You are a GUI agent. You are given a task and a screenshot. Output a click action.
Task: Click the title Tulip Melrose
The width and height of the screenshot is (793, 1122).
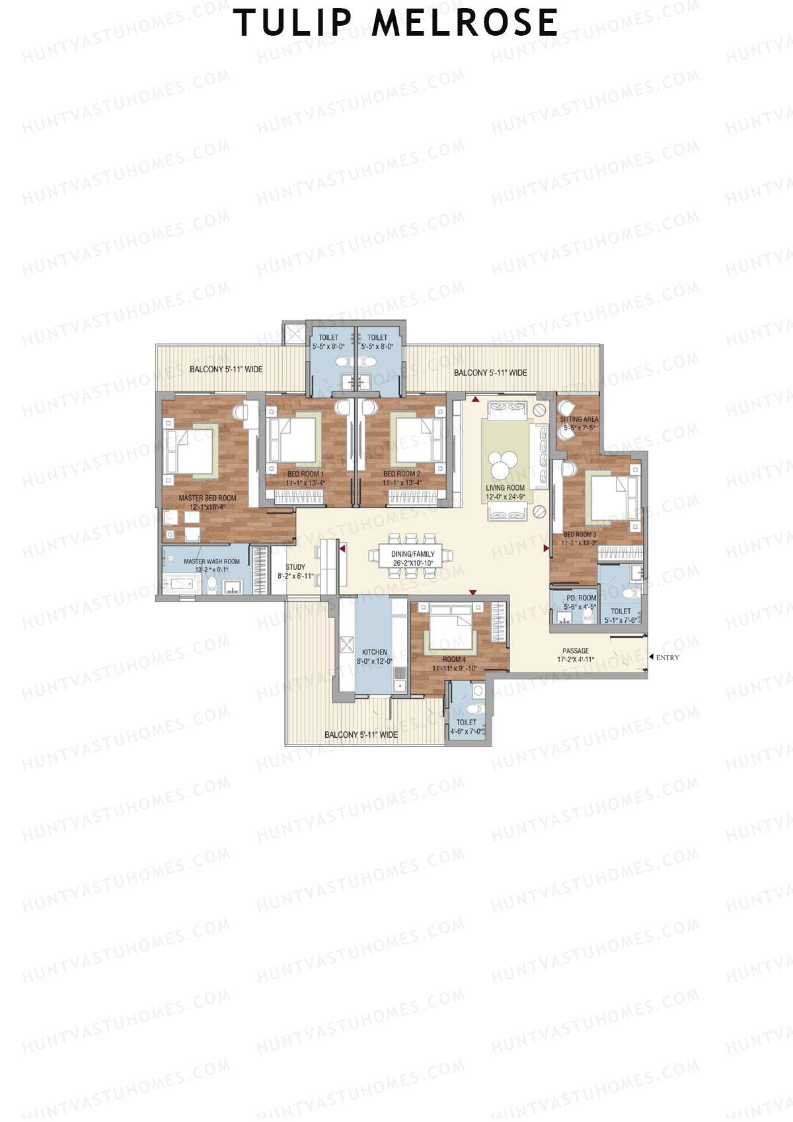pos(397,22)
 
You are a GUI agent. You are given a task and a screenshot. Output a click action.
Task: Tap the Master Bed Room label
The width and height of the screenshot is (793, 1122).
pos(207,502)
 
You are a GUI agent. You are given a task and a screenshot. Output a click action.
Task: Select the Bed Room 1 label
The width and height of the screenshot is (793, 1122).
pos(305,478)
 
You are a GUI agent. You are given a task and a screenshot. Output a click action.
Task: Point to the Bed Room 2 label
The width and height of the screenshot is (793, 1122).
pos(401,478)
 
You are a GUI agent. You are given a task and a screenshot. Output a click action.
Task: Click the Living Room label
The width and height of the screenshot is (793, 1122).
pos(505,492)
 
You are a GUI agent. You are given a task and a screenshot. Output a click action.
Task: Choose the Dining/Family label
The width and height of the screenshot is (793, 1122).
pos(412,558)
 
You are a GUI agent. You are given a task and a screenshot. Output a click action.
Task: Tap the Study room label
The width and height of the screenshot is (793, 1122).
pos(295,571)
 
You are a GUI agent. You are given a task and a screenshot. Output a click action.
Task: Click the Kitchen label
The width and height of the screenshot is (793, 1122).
pos(374,656)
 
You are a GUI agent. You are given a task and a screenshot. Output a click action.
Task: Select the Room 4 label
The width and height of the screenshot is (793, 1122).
pos(454,663)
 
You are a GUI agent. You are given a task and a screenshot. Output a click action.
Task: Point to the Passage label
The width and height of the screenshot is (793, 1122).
pos(575,655)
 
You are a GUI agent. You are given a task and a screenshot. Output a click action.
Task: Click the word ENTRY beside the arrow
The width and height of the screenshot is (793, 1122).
pos(667,657)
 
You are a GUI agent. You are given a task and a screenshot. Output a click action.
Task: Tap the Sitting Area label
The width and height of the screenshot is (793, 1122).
pos(579,423)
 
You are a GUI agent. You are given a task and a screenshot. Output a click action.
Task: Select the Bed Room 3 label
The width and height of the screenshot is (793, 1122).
pos(579,538)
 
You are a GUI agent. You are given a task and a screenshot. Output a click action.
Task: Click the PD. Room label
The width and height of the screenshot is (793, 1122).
pos(580,602)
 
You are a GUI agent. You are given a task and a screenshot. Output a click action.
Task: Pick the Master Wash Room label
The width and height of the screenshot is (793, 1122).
pos(211,565)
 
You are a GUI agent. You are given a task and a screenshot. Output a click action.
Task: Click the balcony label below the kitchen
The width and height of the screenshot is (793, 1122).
pos(361,735)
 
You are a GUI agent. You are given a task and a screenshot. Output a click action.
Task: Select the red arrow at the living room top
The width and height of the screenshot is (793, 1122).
pos(475,399)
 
